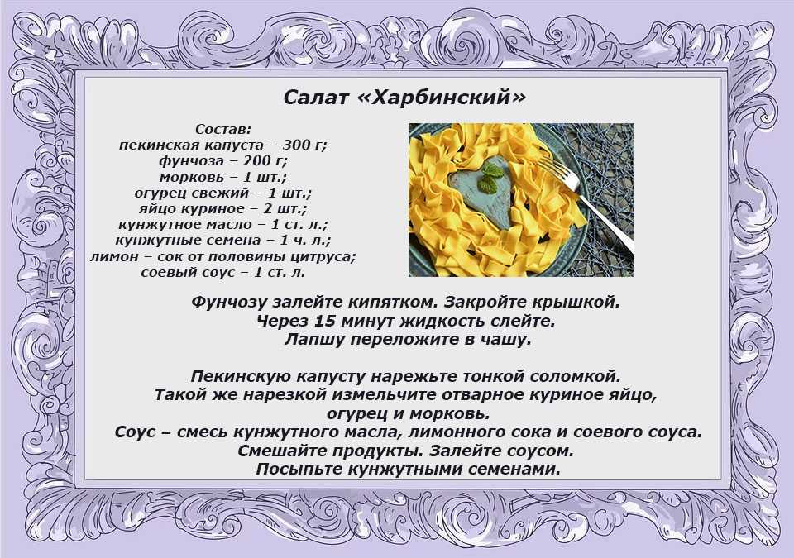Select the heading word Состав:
(223, 129)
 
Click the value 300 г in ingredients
(304, 145)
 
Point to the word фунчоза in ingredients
(191, 161)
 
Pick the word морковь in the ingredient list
(191, 177)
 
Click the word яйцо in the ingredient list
(154, 208)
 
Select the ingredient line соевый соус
(223, 273)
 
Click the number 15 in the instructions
(323, 321)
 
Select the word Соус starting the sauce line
(135, 432)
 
